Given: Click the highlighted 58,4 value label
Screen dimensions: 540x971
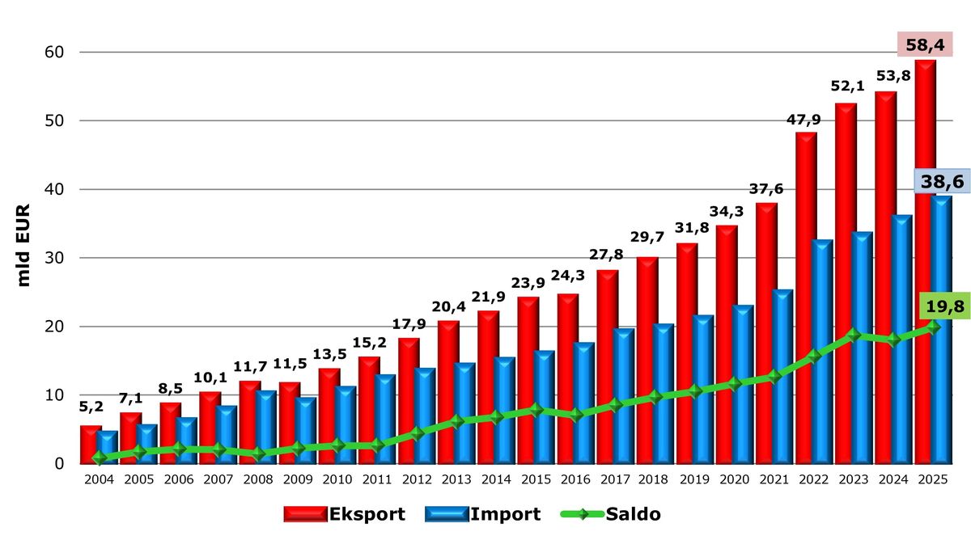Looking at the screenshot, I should point(926,44).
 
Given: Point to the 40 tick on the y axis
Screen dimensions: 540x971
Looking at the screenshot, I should point(53,189).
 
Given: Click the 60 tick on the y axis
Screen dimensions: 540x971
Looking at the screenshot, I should point(53,52).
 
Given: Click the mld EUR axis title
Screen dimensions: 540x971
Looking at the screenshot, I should point(24,245).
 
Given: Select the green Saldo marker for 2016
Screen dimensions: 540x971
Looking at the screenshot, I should point(575,416).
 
